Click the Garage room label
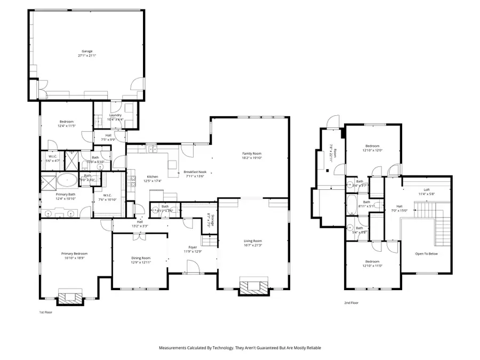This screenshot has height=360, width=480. point(86,51)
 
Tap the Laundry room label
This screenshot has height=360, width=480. point(115,115)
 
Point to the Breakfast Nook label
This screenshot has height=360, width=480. point(195,172)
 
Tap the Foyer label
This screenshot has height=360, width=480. point(193,247)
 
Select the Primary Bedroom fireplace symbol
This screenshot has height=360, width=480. point(69,297)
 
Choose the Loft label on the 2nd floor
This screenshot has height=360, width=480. point(426,189)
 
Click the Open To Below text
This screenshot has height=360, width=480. point(426,253)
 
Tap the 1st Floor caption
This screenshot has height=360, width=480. point(46,312)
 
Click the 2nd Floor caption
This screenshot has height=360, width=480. point(352,302)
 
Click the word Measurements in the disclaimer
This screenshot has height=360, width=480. point(175,348)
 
